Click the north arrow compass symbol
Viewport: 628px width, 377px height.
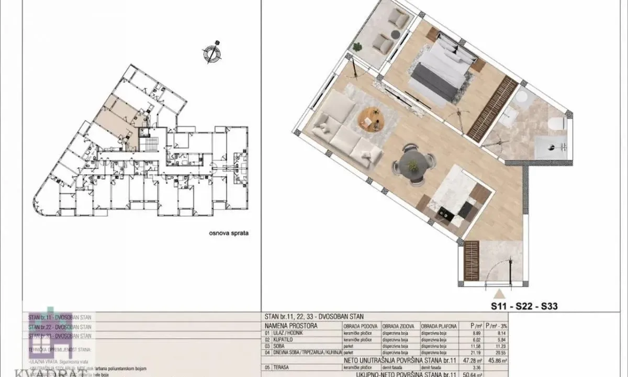coord(211,53)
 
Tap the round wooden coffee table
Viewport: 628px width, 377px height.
coord(371,120)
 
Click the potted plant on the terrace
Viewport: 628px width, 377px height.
coord(357,47)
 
